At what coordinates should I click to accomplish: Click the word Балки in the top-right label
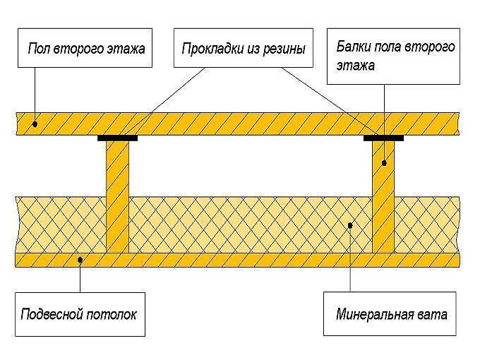click(x=353, y=47)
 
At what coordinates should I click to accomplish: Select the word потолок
click(x=112, y=314)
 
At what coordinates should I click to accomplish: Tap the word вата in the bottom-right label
click(x=433, y=315)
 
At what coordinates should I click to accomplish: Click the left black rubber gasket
click(x=118, y=138)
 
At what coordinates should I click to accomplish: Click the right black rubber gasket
click(x=383, y=138)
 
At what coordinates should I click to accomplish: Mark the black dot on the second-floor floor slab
click(x=35, y=124)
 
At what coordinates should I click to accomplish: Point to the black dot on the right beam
click(x=384, y=163)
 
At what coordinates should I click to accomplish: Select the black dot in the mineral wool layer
click(x=350, y=226)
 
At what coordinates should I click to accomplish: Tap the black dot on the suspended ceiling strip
click(x=80, y=260)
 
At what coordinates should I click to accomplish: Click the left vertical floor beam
click(x=118, y=197)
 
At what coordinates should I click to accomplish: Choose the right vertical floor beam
click(x=383, y=197)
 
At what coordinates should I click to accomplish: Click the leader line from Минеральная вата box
click(x=350, y=258)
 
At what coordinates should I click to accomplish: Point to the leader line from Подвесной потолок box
click(x=80, y=277)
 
